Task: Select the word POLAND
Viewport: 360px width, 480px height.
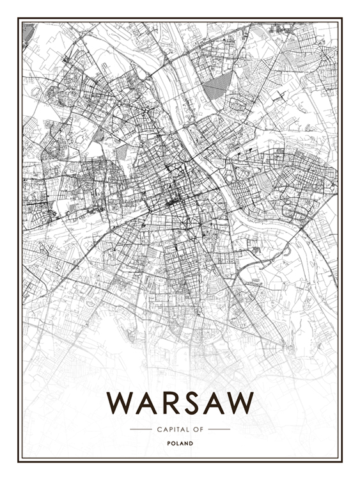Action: point(180,443)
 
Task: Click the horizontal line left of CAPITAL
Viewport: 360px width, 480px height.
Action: point(140,429)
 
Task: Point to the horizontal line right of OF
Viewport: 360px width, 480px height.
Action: point(219,429)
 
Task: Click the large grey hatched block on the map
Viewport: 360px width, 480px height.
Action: point(217,83)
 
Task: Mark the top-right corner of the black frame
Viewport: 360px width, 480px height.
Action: point(341,19)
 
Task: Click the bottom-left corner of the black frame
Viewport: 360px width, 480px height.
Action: point(19,461)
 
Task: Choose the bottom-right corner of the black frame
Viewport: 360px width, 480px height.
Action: point(341,461)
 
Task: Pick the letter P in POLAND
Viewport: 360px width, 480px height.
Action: point(168,443)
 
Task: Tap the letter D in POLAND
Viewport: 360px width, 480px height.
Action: point(191,443)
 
